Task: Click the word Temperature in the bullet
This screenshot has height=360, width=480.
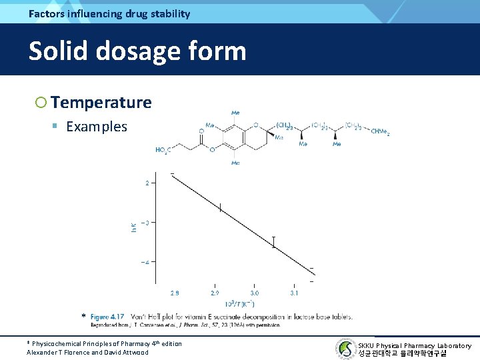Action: tap(101, 102)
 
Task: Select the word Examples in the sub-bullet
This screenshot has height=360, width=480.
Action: tap(96, 127)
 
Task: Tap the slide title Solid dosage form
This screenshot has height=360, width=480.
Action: tap(137, 51)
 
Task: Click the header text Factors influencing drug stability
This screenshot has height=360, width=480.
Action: tap(109, 13)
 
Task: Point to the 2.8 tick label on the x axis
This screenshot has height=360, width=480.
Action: tap(175, 293)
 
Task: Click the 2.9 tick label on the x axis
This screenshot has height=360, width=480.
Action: tap(215, 293)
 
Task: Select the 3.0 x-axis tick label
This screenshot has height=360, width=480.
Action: tap(255, 293)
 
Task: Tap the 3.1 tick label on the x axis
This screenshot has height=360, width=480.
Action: tap(294, 293)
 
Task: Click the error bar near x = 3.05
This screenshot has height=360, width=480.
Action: tap(273, 242)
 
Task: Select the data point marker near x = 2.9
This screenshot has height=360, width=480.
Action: tap(220, 208)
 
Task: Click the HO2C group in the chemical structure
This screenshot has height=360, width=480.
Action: tap(163, 150)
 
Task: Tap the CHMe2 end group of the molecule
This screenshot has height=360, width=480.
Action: tap(380, 132)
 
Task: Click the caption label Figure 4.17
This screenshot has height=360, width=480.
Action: tap(107, 317)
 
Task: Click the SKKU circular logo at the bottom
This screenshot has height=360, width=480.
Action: tap(345, 348)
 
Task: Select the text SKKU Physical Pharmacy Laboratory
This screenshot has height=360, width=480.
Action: tap(414, 345)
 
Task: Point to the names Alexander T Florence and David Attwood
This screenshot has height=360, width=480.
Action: tap(87, 352)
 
